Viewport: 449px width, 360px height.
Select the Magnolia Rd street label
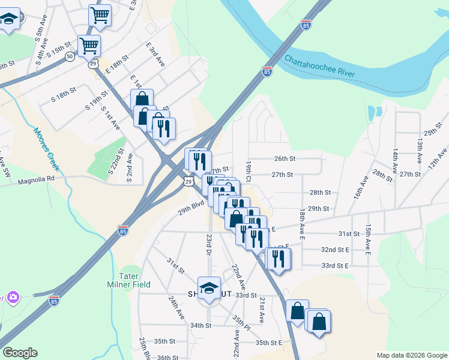coord(36,179)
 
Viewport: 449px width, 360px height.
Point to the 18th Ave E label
coord(303,223)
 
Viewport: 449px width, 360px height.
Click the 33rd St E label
coord(335,265)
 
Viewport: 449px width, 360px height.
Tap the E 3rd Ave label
coord(155,53)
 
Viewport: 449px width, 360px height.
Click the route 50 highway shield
coord(70,56)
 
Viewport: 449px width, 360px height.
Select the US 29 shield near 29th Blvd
coord(188,181)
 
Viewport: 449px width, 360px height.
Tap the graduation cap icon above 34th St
coord(209,288)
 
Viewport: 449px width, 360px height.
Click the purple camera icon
coord(13,296)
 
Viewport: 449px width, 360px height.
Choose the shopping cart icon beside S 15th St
coord(89,44)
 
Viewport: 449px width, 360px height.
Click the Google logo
coord(20,353)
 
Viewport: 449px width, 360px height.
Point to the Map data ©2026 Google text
coord(411,355)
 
